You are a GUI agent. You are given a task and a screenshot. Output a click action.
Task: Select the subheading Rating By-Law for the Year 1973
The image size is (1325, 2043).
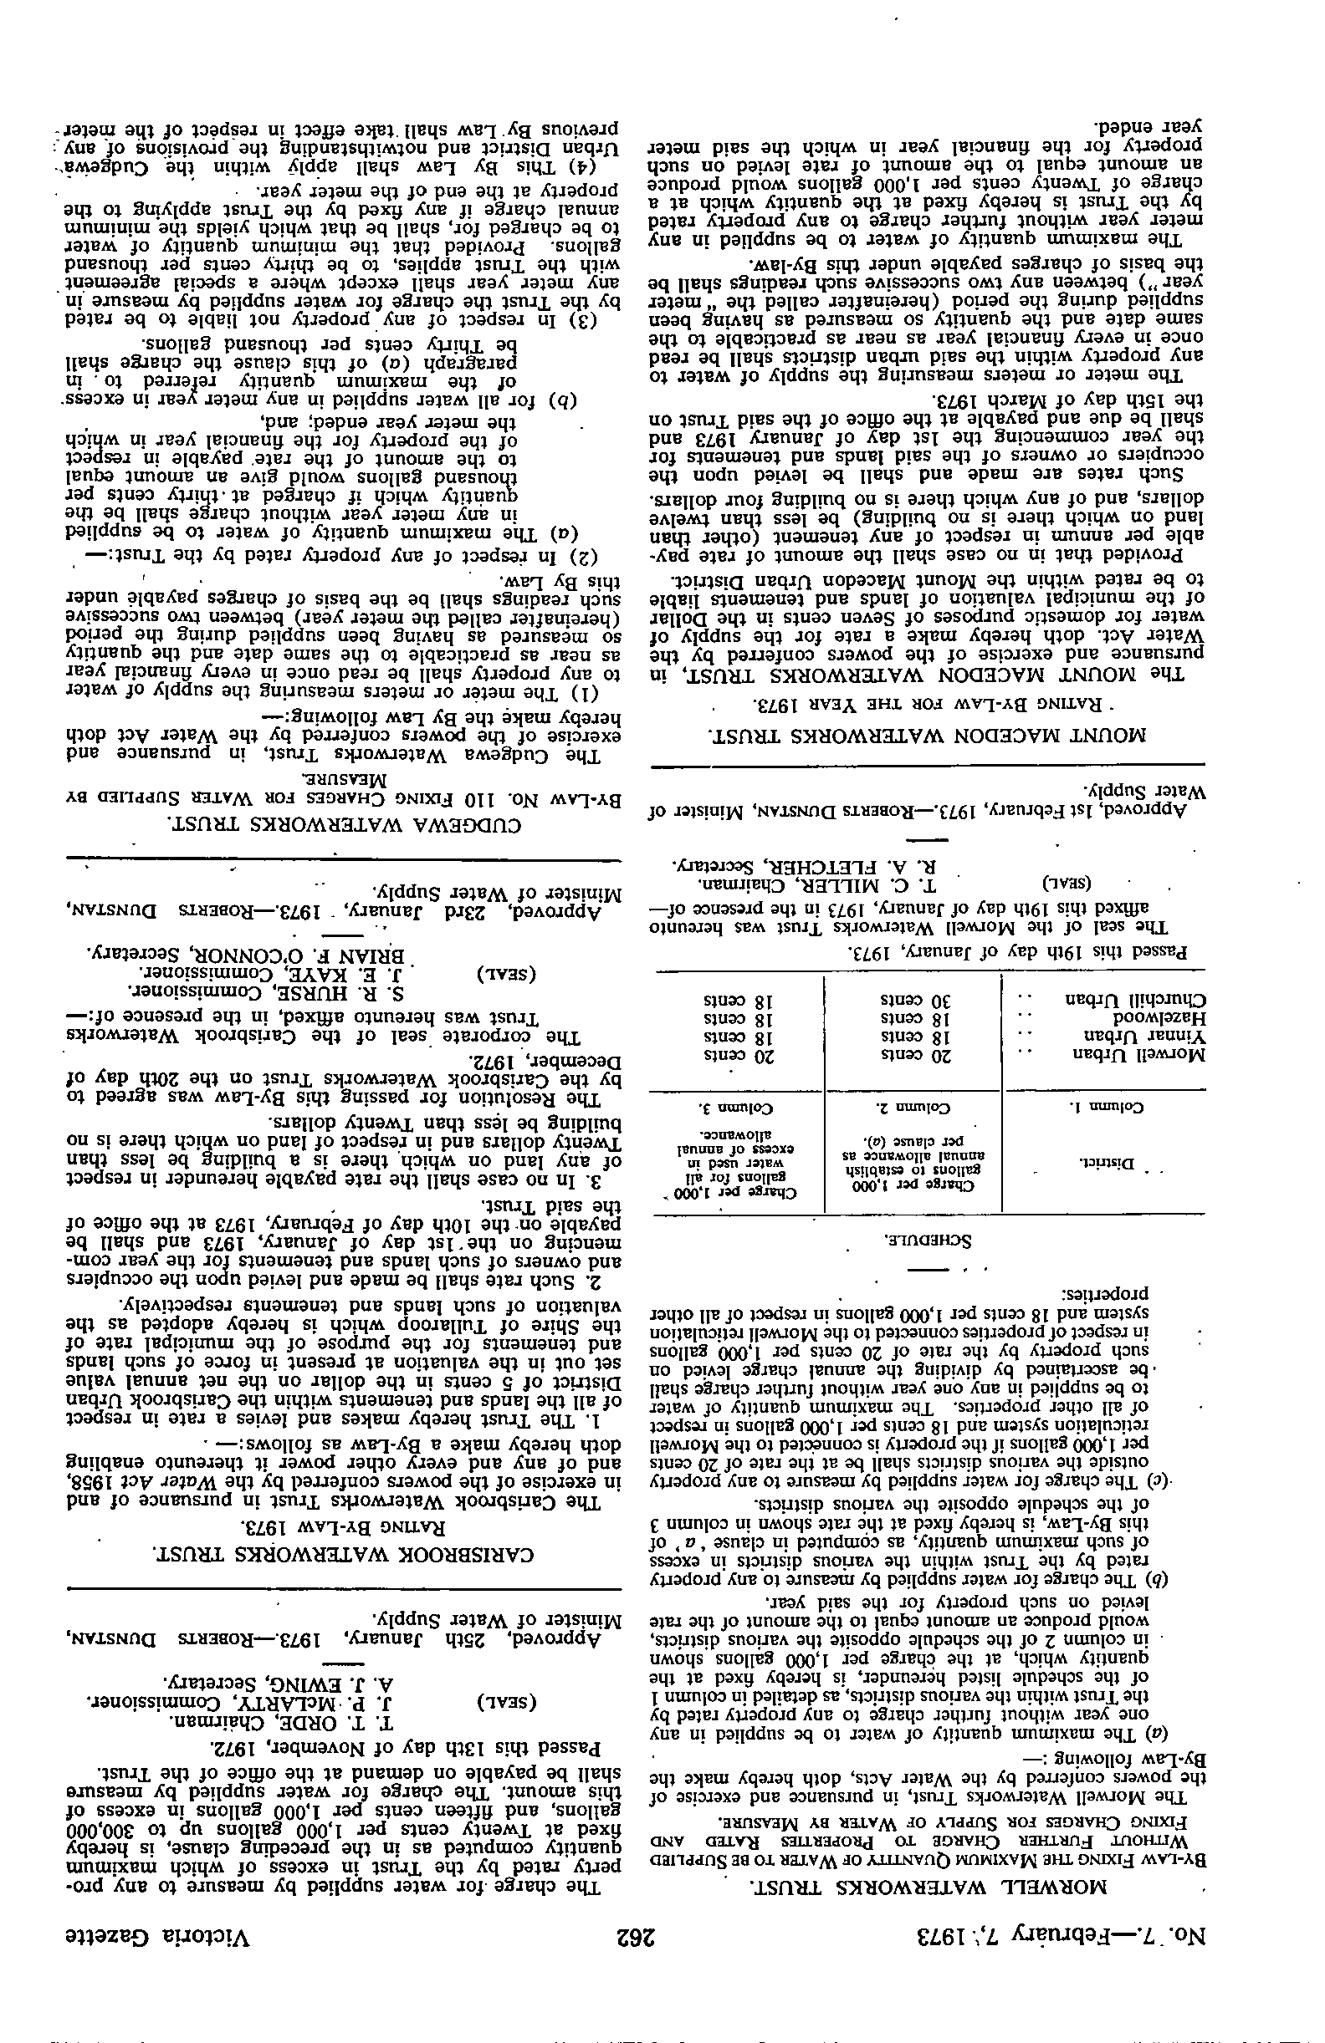[923, 706]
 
